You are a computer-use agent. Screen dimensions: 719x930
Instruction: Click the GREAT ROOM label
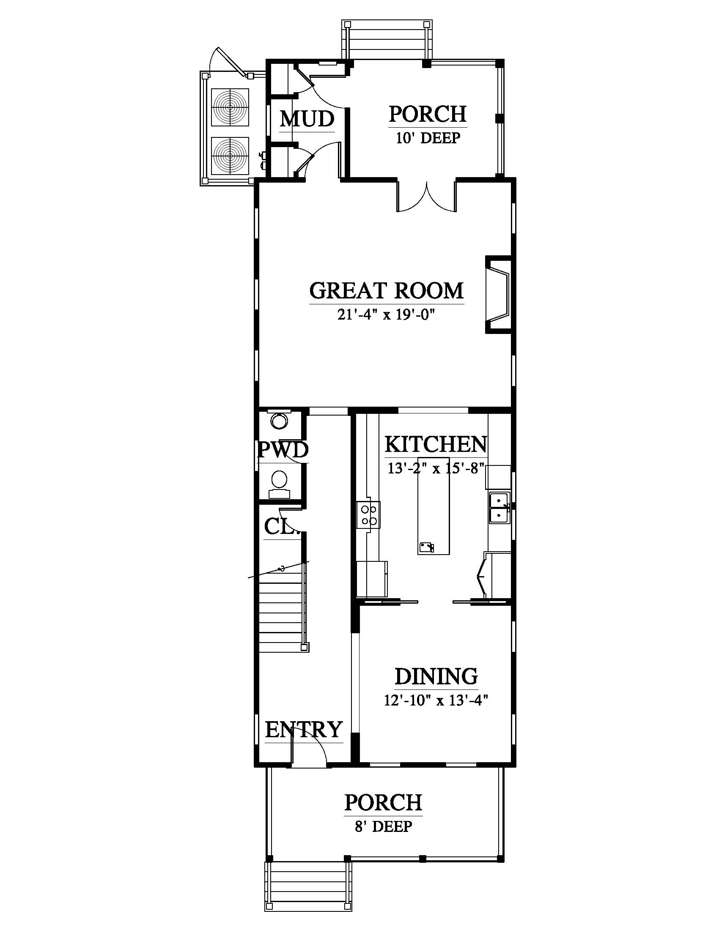coord(386,290)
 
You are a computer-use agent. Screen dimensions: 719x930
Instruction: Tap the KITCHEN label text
coord(435,445)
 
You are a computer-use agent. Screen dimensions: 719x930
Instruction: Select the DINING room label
coord(436,676)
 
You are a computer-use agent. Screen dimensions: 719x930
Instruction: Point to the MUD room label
coord(307,119)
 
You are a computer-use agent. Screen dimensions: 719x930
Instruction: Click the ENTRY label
coord(304,730)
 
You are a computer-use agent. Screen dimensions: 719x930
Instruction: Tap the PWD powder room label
coord(283,450)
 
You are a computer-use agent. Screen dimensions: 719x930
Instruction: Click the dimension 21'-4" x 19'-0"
coord(387,315)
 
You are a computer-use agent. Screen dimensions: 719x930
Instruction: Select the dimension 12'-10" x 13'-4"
coord(436,700)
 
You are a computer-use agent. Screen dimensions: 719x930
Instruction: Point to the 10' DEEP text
coord(428,138)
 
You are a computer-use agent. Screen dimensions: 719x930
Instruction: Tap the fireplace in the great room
coord(498,294)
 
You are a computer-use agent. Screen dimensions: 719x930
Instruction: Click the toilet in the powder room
coord(280,484)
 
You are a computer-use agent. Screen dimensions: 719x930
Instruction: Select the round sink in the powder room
coord(280,421)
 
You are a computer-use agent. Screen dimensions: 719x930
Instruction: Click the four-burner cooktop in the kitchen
coord(368,514)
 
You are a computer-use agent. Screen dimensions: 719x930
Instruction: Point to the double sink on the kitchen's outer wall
coord(499,508)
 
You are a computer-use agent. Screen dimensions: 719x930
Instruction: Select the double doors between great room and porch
coord(427,196)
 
